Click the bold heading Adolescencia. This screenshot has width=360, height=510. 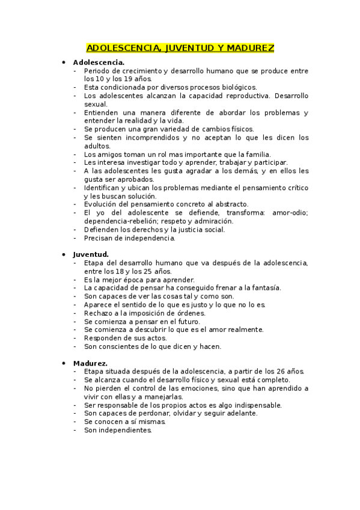(x=99, y=62)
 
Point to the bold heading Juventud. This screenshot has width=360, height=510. (x=91, y=254)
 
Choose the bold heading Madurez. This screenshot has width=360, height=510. (x=90, y=363)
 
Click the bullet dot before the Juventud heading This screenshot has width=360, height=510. (x=64, y=254)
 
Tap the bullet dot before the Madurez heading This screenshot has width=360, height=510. (x=64, y=363)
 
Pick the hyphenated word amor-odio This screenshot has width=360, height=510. (x=290, y=213)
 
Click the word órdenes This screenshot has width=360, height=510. (x=191, y=313)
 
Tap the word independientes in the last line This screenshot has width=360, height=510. (x=118, y=430)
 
